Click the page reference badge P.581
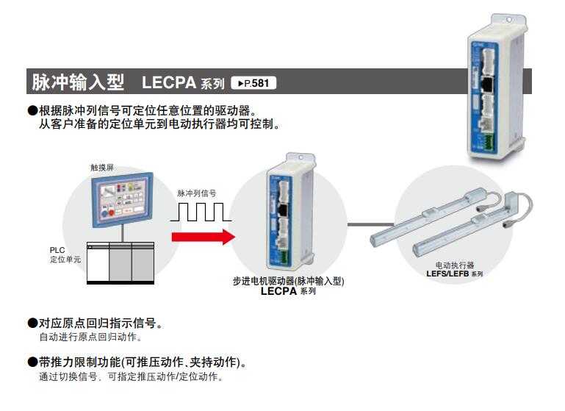[x=253, y=83]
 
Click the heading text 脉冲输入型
[x=78, y=82]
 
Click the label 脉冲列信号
[x=197, y=193]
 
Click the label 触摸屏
[x=102, y=168]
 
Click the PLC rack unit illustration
[x=120, y=262]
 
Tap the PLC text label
[x=57, y=250]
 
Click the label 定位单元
[x=65, y=260]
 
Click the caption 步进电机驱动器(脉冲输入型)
[x=288, y=281]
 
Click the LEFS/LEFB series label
[x=455, y=274]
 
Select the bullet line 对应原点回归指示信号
[x=95, y=323]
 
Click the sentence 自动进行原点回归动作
[x=90, y=337]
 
